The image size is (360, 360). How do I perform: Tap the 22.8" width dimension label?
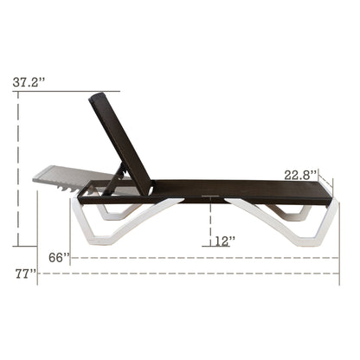[x=302, y=174]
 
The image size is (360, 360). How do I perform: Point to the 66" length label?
[x=59, y=257]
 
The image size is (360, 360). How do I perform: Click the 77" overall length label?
[x=25, y=273]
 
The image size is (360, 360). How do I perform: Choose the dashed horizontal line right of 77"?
[x=190, y=273]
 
